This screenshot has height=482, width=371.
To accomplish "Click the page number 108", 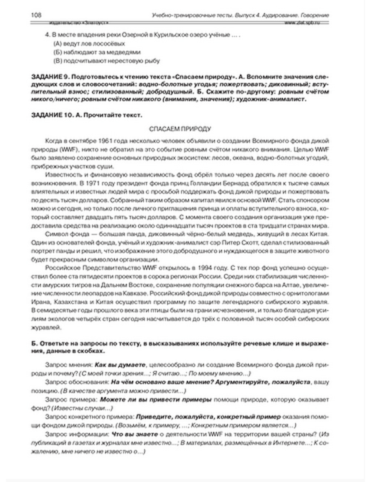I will pos(36,15).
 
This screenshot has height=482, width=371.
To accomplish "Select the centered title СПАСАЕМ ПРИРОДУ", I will pos(180,129).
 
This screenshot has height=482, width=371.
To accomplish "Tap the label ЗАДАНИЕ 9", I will pos(50,77).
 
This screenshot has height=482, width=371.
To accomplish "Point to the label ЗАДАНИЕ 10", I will pos(52,115).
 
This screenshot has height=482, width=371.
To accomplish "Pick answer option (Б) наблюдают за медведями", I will pos(97,52).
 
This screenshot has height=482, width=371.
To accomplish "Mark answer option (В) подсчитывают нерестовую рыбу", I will pos(106,61).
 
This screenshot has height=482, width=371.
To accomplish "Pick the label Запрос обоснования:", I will pos(77,382).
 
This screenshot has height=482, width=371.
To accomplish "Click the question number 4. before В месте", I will pos(47,35).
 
